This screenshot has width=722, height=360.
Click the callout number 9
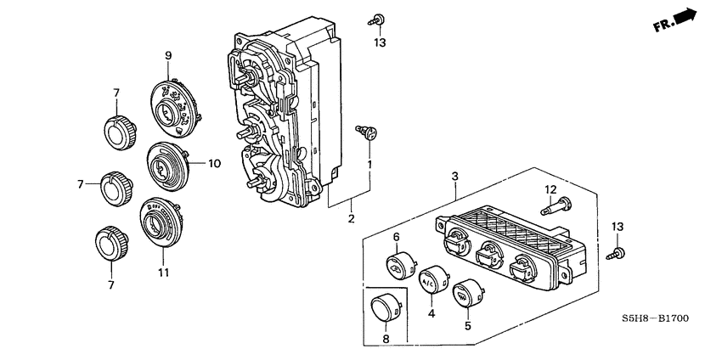click(168, 56)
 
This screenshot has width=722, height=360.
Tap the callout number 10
click(214, 162)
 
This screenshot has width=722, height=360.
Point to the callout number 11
click(162, 273)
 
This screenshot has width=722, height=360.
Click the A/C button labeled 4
click(434, 279)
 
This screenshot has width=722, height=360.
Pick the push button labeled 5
click(465, 295)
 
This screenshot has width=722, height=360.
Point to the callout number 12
click(550, 188)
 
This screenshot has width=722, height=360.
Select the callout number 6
click(396, 236)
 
